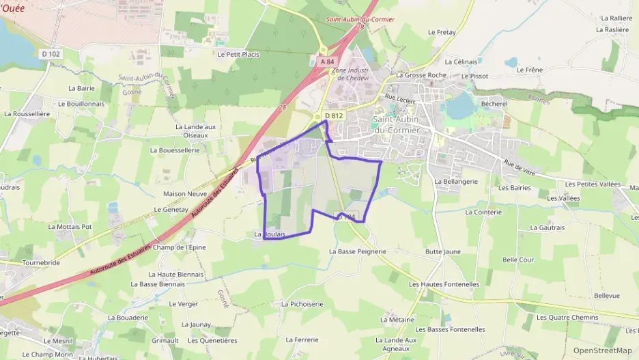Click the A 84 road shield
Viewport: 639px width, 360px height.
[x=327, y=61]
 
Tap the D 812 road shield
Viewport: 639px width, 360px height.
[x=333, y=115]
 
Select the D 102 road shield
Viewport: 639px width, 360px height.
[x=51, y=53]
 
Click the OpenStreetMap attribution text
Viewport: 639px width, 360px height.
[x=602, y=350]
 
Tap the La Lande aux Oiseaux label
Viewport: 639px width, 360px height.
[x=195, y=130]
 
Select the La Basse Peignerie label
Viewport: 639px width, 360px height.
[x=357, y=251]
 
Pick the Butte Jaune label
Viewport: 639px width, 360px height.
[x=442, y=251]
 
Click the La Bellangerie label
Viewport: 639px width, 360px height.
[x=455, y=182]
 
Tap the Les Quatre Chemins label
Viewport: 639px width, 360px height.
[x=567, y=317]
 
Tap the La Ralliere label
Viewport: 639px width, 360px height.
[x=616, y=18]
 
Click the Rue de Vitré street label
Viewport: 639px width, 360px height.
[x=520, y=169]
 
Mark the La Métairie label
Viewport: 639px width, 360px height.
[x=397, y=319]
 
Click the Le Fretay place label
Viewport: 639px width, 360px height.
[x=441, y=32]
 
